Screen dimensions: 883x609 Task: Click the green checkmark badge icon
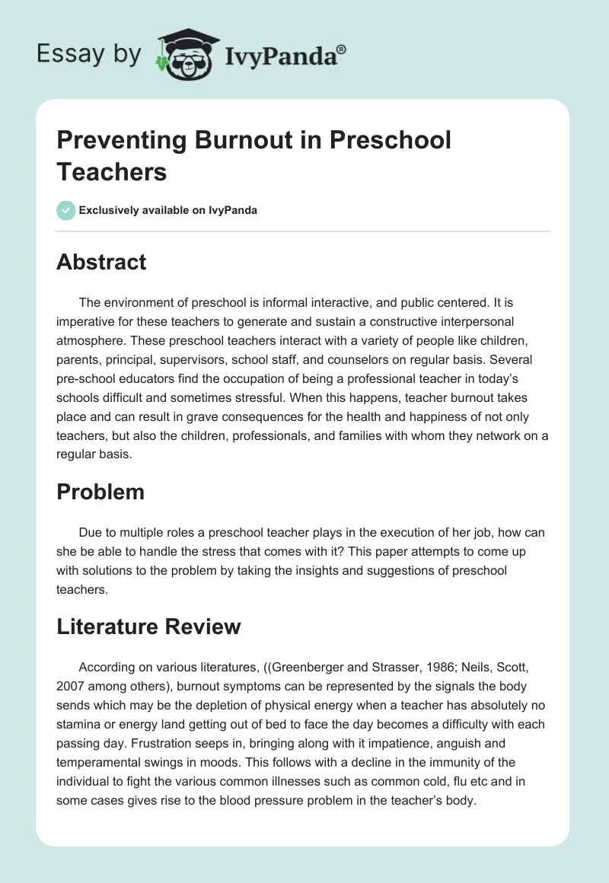(x=66, y=210)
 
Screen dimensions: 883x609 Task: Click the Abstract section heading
(x=101, y=263)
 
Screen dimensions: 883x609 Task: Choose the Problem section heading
(x=100, y=492)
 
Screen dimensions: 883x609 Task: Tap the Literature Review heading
(x=148, y=626)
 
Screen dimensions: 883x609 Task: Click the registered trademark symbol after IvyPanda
(x=342, y=49)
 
